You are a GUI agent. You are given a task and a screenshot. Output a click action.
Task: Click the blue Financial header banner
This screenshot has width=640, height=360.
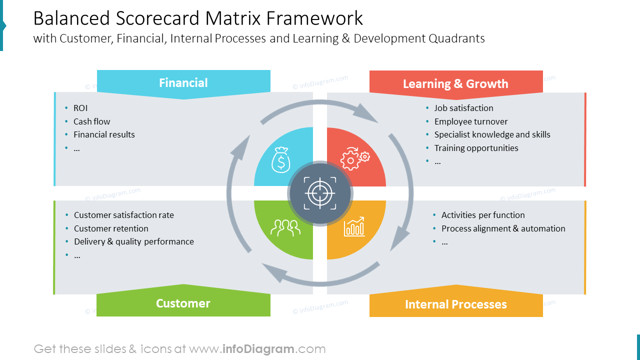click(x=183, y=83)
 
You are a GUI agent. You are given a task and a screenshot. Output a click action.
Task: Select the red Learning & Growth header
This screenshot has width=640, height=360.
click(x=455, y=83)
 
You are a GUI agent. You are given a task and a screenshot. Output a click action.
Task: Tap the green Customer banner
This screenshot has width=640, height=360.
click(x=183, y=303)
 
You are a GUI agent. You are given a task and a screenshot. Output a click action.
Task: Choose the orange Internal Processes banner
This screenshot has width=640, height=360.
click(x=455, y=304)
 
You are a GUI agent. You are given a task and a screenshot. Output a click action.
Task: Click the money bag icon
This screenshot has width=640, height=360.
click(x=280, y=159)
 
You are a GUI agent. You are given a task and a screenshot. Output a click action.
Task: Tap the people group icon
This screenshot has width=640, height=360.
click(x=285, y=227)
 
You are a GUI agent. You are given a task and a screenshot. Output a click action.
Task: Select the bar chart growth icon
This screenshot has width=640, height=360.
click(x=354, y=226)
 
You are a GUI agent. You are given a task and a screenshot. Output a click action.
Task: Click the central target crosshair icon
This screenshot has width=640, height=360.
click(x=320, y=193)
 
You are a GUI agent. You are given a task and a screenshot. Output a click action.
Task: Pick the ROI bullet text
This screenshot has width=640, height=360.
click(x=80, y=108)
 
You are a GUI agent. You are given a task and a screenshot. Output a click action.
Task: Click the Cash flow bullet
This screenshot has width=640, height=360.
click(x=91, y=121)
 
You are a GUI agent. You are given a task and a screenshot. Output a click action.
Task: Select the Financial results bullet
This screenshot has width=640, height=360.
click(x=104, y=134)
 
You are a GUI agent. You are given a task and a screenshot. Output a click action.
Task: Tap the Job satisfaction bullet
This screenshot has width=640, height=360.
click(x=463, y=108)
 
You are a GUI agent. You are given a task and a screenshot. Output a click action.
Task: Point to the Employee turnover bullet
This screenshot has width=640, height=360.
click(x=470, y=121)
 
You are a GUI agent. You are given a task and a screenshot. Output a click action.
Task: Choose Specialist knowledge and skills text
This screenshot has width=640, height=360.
click(x=492, y=134)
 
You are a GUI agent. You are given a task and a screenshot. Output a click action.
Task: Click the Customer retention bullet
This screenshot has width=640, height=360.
click(x=111, y=228)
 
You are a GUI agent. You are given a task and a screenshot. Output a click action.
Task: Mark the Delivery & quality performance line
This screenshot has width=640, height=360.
click(x=133, y=241)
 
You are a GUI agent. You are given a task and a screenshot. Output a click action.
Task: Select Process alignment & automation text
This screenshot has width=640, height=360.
click(x=503, y=228)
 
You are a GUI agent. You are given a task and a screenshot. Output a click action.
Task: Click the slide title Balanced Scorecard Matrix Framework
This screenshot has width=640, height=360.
click(x=198, y=18)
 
